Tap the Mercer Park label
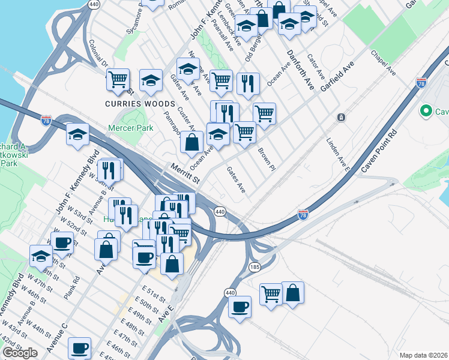pos(130,128)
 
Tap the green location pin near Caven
pos(426,111)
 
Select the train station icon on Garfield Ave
pos(341,118)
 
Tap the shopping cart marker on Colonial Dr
pos(118,79)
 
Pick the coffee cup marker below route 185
pos(240,307)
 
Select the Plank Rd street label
pos(75,289)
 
